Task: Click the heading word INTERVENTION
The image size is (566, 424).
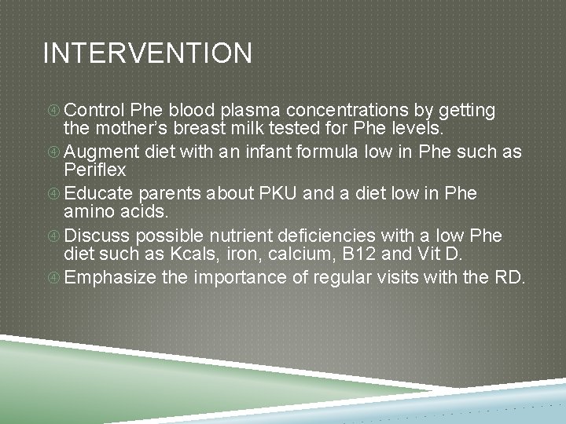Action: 148,53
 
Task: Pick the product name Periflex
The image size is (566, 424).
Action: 94,170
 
